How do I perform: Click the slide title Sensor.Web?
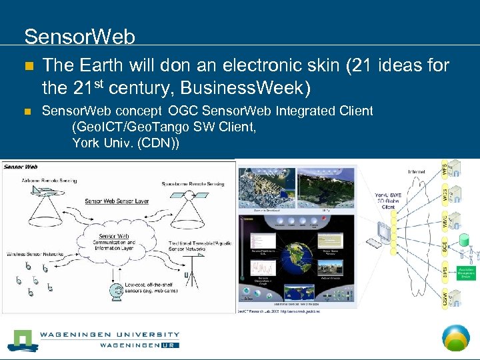click(x=79, y=36)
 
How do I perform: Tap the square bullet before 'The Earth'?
click(x=27, y=67)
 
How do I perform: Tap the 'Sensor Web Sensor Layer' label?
click(x=117, y=201)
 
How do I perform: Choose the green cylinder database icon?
click(x=465, y=239)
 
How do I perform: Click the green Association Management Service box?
click(x=465, y=273)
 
